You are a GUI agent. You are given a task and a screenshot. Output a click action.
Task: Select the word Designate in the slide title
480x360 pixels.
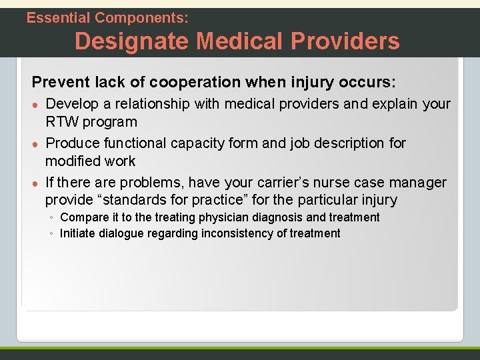(130, 41)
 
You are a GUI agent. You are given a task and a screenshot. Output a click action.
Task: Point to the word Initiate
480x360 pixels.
(80, 233)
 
